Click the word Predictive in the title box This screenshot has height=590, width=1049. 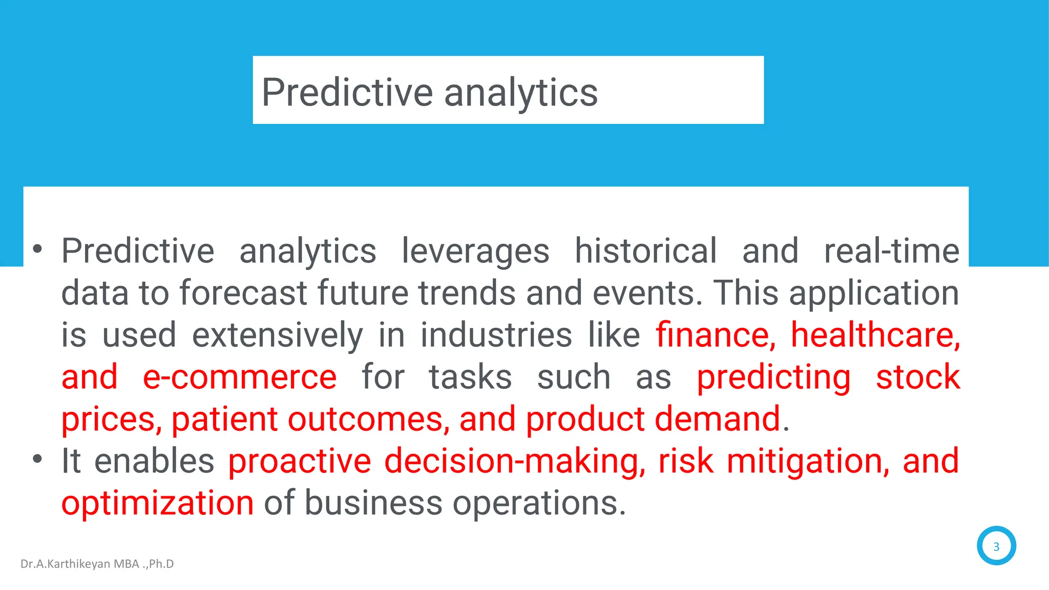(347, 93)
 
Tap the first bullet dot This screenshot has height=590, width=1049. (37, 250)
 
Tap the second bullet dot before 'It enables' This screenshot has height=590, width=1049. (37, 459)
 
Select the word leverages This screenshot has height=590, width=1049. (475, 251)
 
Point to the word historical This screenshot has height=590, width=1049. (645, 251)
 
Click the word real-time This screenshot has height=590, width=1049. (891, 251)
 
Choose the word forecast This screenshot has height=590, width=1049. (243, 293)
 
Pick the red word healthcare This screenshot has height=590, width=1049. (875, 335)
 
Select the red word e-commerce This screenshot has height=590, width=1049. (239, 377)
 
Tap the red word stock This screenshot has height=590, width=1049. (917, 377)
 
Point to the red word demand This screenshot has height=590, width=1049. (717, 419)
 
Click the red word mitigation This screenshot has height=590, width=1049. (808, 461)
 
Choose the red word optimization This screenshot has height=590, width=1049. (157, 503)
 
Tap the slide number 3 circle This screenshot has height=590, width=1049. (996, 546)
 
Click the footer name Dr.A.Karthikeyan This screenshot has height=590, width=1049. (65, 564)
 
